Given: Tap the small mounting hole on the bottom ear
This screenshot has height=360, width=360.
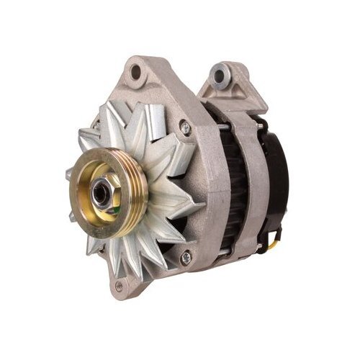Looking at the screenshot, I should click(119, 287).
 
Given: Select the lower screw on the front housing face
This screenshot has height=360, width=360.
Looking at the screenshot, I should click(185, 256).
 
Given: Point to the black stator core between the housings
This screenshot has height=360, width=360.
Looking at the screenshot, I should click(230, 180).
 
